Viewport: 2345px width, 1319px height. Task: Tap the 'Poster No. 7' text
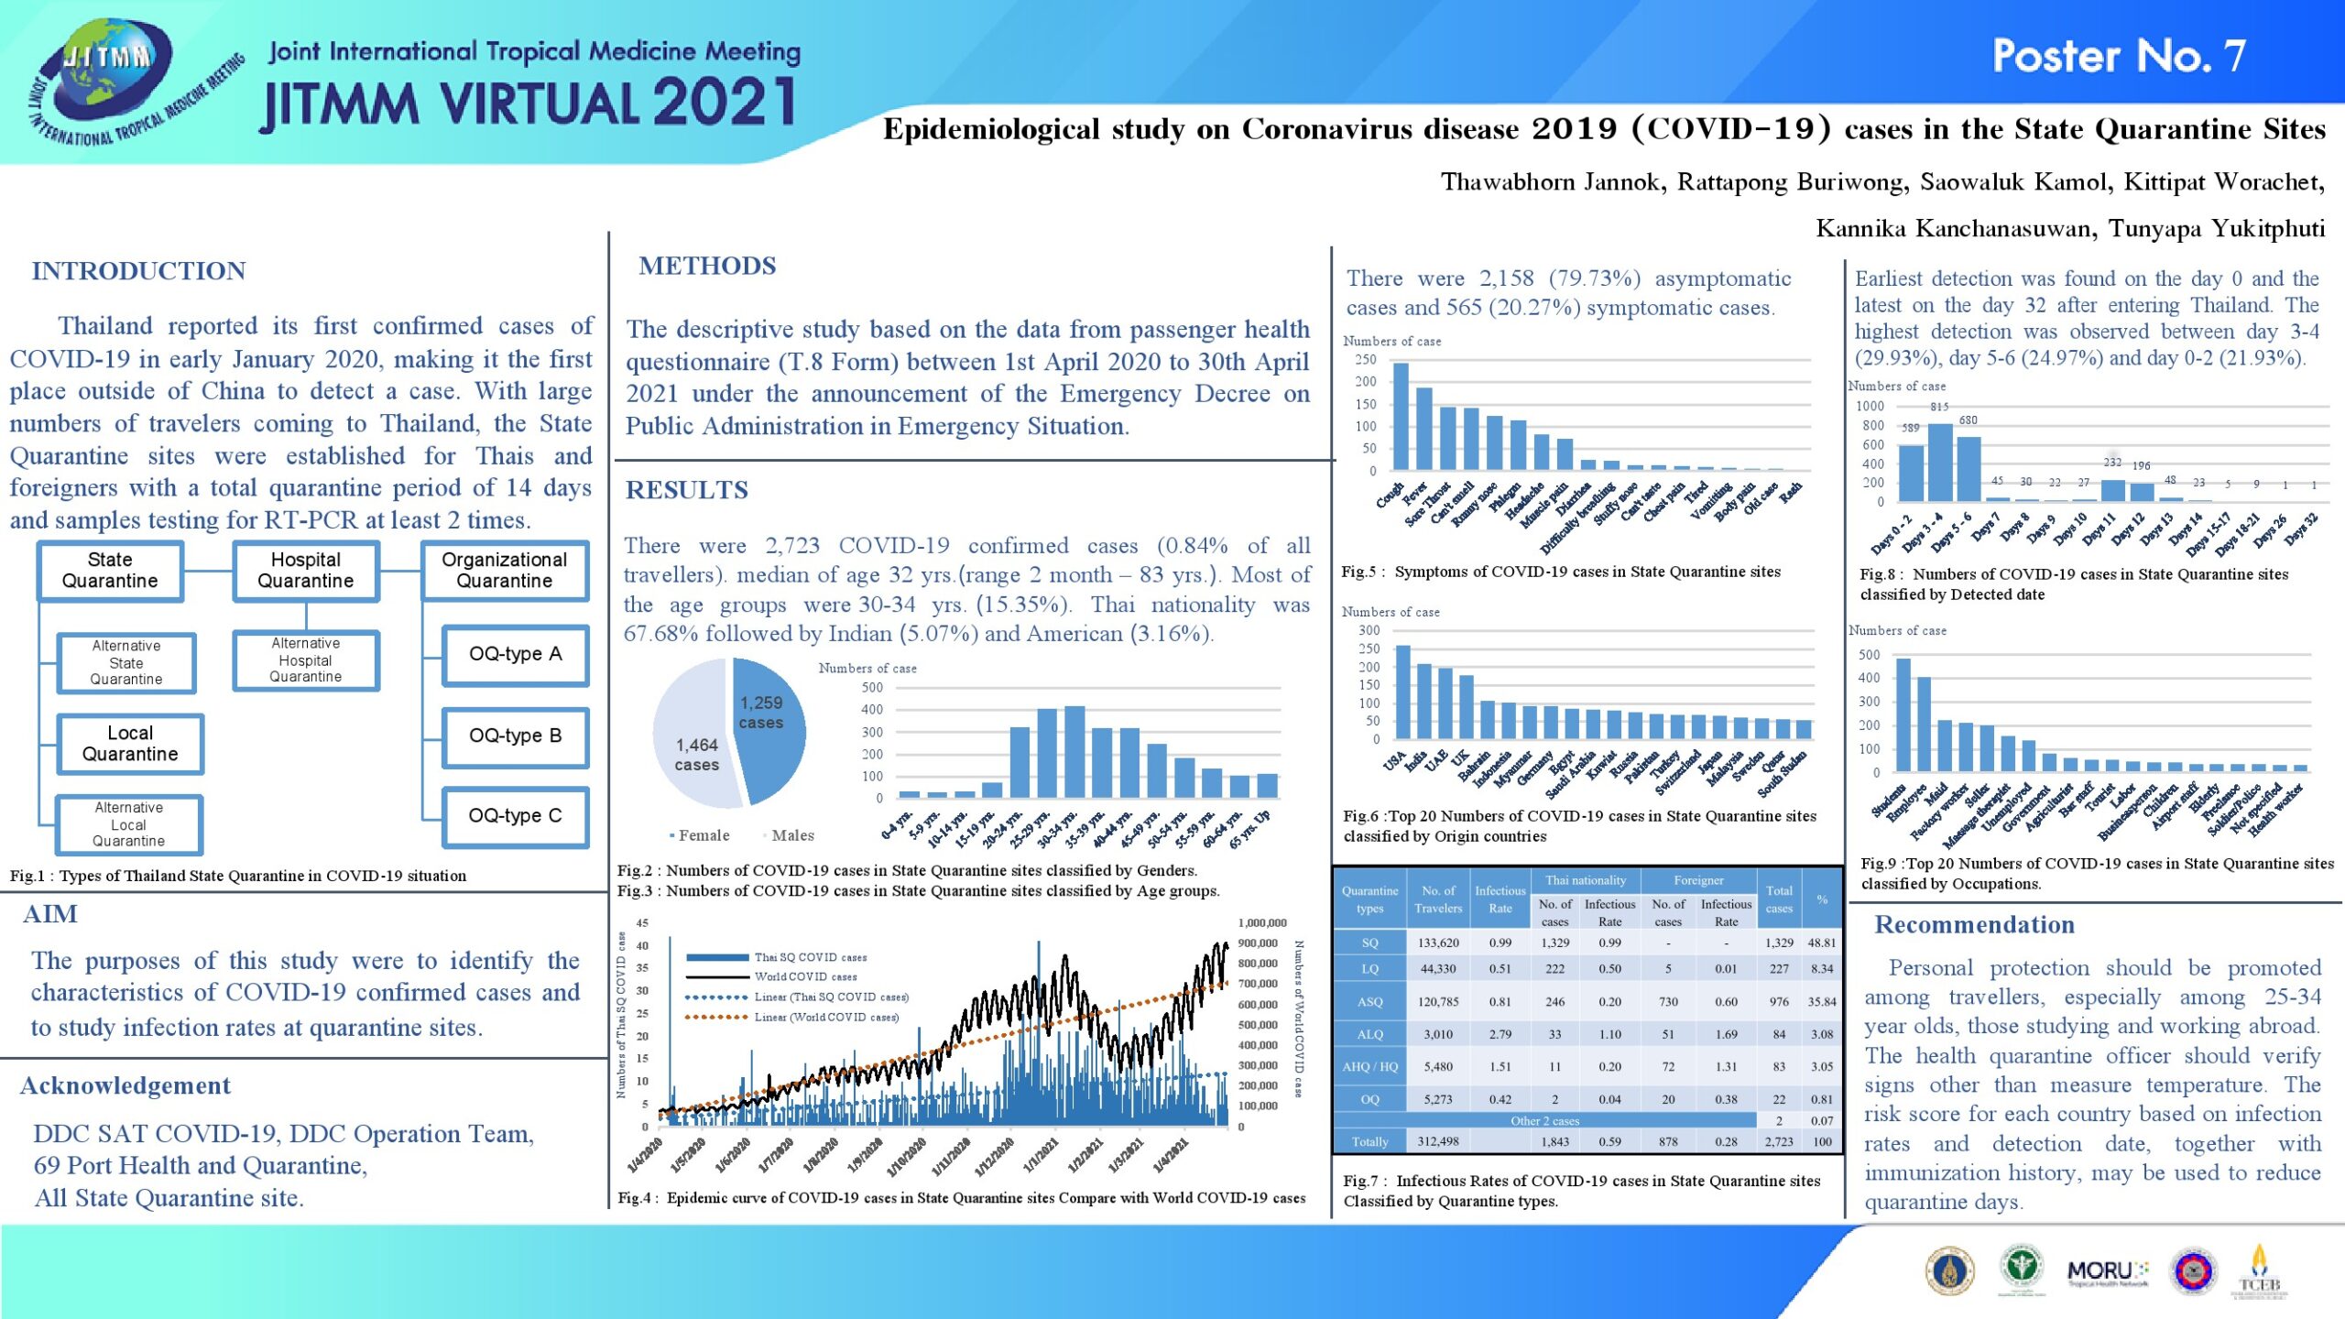click(2118, 57)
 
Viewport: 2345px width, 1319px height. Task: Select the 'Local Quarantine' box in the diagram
click(130, 744)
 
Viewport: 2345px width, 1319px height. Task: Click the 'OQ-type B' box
click(515, 736)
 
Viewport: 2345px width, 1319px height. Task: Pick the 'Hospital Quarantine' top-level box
click(306, 571)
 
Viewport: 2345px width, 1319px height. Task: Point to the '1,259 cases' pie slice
click(769, 724)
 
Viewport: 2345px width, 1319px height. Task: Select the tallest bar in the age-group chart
click(1074, 751)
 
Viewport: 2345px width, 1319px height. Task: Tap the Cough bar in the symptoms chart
click(1401, 417)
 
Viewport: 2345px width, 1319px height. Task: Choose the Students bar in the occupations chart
click(1903, 714)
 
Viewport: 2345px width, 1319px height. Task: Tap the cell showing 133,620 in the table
click(1438, 943)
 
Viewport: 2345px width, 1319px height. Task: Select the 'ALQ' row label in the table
click(1369, 1034)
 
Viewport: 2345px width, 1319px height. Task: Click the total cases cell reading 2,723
click(1779, 1142)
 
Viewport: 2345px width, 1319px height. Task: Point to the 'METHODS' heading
click(707, 266)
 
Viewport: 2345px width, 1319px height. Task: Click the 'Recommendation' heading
click(1974, 925)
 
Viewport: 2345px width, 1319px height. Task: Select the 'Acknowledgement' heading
click(125, 1086)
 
